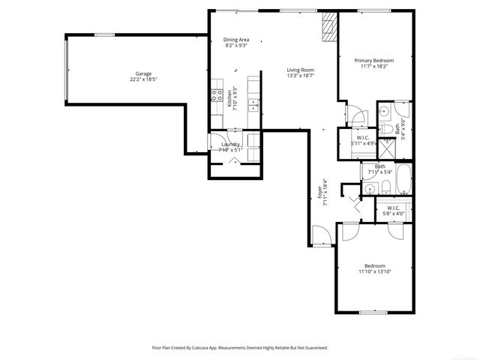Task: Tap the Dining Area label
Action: click(236, 39)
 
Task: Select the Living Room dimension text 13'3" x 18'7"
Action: click(300, 76)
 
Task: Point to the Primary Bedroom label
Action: click(374, 60)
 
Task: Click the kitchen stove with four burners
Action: click(216, 96)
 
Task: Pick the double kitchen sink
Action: click(253, 105)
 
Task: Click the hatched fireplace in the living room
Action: click(328, 28)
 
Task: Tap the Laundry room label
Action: click(229, 144)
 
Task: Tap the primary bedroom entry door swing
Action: click(356, 115)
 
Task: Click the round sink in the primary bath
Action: click(382, 111)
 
